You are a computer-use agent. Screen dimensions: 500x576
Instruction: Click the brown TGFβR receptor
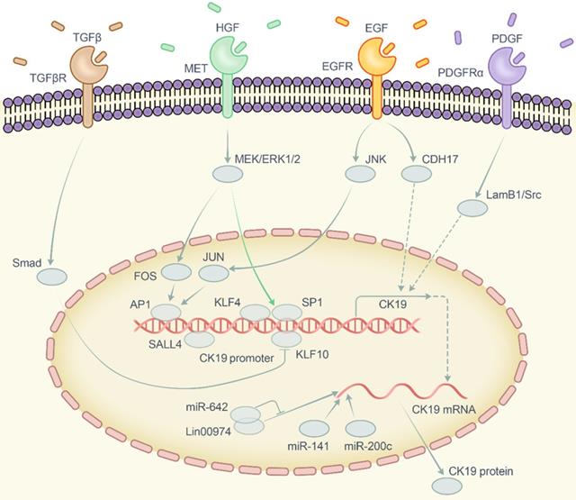point(87,81)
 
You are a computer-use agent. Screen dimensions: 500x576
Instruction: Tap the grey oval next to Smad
point(51,279)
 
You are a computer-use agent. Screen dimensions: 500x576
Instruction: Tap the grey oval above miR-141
point(314,429)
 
